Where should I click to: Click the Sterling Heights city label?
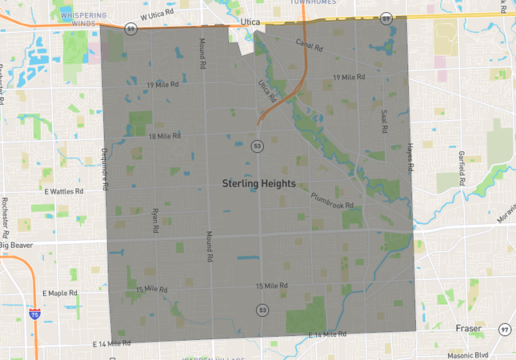point(258,184)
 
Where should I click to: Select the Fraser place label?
point(468,329)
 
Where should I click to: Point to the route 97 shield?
point(504,330)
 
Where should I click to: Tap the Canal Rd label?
point(309,46)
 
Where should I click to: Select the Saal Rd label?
point(384,121)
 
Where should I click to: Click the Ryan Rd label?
point(155,222)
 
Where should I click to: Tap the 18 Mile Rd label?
point(166,137)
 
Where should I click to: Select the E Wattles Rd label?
point(64,192)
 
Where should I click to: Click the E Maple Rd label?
point(61,294)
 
